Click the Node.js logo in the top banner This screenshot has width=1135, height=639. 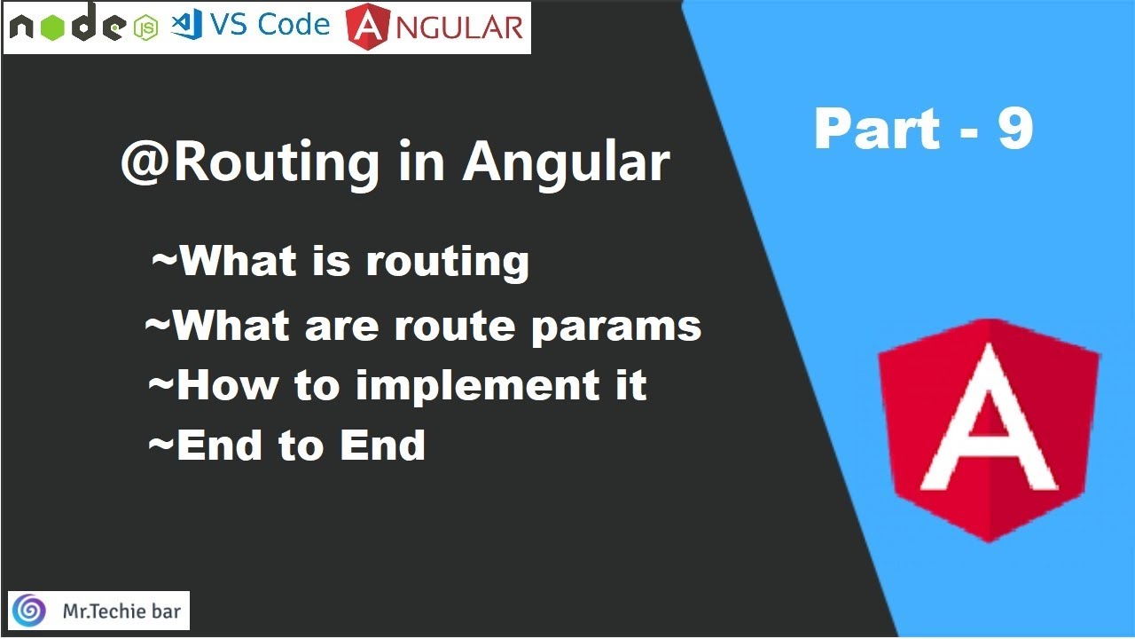click(67, 28)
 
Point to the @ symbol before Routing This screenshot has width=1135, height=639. click(139, 163)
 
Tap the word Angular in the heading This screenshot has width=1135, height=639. click(566, 163)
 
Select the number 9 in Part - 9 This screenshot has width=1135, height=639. click(1015, 130)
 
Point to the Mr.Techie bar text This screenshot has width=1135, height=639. click(120, 611)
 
